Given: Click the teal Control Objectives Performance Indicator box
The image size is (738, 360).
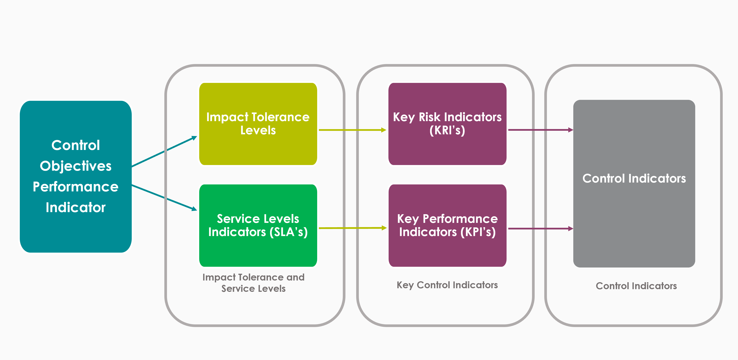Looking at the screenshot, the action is (76, 176).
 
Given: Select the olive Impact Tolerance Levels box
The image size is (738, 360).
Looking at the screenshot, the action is (258, 124).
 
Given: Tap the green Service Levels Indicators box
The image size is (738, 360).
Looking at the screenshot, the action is (258, 225).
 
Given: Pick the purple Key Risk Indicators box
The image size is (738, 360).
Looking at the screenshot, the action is (447, 124).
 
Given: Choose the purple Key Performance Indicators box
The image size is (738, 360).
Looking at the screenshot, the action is (447, 225).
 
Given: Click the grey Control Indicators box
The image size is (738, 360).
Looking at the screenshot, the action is (634, 184).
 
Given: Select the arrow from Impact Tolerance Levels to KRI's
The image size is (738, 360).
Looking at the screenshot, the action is (353, 130).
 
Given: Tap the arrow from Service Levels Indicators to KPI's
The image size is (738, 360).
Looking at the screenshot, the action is (353, 228).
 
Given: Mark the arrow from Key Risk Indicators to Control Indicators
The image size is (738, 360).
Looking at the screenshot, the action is (541, 130).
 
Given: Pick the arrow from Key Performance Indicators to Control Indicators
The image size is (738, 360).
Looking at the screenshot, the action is (541, 229).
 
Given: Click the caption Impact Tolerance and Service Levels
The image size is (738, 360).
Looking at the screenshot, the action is (253, 283).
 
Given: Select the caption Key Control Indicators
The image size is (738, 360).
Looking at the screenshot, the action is (447, 285).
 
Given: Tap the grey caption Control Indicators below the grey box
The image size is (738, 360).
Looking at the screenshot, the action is (636, 286).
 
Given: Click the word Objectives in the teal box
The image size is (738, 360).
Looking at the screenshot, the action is (76, 166).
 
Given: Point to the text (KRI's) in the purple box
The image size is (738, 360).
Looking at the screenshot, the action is (447, 130).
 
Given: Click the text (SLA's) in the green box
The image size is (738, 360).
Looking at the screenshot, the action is (289, 232).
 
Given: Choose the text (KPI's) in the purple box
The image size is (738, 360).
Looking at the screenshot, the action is (478, 232).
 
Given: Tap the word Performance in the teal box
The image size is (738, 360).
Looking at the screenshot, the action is (76, 187).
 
